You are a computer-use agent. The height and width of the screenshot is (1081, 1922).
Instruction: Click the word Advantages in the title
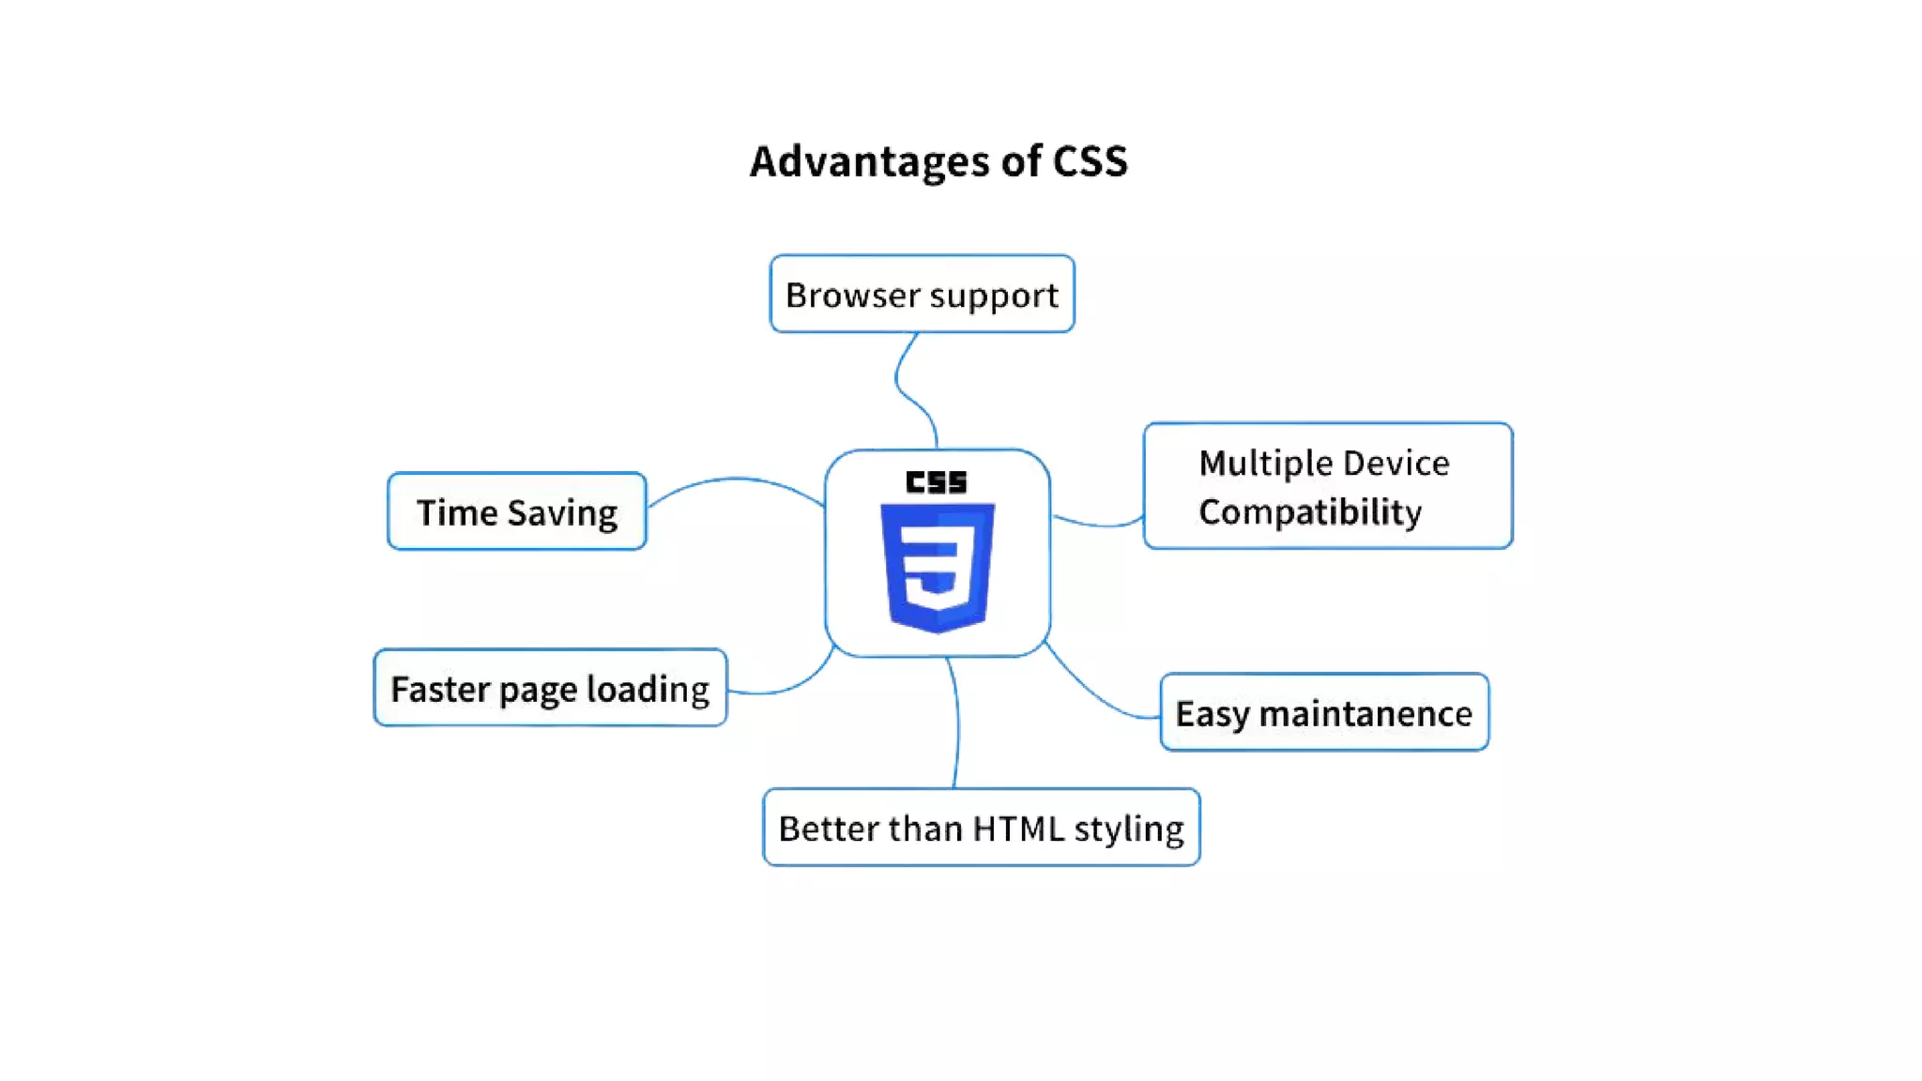868,161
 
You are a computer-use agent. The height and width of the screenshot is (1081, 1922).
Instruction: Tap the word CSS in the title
1090,161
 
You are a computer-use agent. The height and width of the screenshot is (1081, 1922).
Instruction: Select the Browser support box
922,294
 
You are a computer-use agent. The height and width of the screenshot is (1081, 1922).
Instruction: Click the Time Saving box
516,511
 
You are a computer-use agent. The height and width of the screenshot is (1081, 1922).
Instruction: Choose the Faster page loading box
550,688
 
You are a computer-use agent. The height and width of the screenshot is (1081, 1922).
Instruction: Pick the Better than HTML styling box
981,828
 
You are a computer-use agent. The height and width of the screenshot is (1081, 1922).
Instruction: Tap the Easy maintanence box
1323,712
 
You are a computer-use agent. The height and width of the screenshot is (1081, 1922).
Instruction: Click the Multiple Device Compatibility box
1327,486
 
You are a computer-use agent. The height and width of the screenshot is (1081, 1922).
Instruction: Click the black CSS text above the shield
936,482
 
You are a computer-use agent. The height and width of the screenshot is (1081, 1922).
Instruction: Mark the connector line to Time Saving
737,480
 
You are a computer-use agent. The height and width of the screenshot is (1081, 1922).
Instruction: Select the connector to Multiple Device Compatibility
1098,524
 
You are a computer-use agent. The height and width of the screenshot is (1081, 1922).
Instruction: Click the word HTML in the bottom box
1018,829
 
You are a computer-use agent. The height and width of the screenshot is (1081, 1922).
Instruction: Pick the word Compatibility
1309,512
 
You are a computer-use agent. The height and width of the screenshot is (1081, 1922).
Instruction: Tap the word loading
648,690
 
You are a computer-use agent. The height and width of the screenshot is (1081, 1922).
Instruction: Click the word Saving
562,513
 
